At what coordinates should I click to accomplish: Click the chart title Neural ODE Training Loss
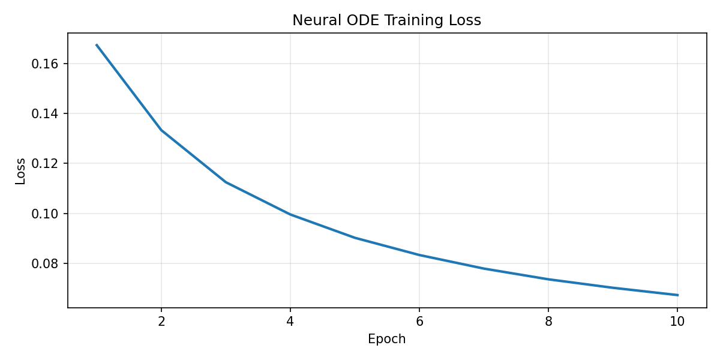point(386,20)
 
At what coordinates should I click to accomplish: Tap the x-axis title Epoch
point(386,339)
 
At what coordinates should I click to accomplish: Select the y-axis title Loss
point(21,171)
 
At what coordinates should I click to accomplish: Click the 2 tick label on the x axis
point(161,321)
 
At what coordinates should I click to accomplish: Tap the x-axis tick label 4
point(290,321)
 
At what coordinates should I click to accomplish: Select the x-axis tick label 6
point(419,321)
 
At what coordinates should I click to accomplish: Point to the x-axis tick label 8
point(548,321)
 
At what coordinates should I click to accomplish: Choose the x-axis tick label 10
point(677,321)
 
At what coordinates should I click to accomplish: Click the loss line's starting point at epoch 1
point(97,45)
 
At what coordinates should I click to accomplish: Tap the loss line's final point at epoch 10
point(677,295)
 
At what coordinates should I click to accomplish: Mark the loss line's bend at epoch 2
point(161,130)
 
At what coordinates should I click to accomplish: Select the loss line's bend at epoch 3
point(226,182)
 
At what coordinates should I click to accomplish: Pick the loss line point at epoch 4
point(290,214)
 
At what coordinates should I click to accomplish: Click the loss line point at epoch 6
point(419,255)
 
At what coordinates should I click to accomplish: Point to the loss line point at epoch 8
point(548,279)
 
